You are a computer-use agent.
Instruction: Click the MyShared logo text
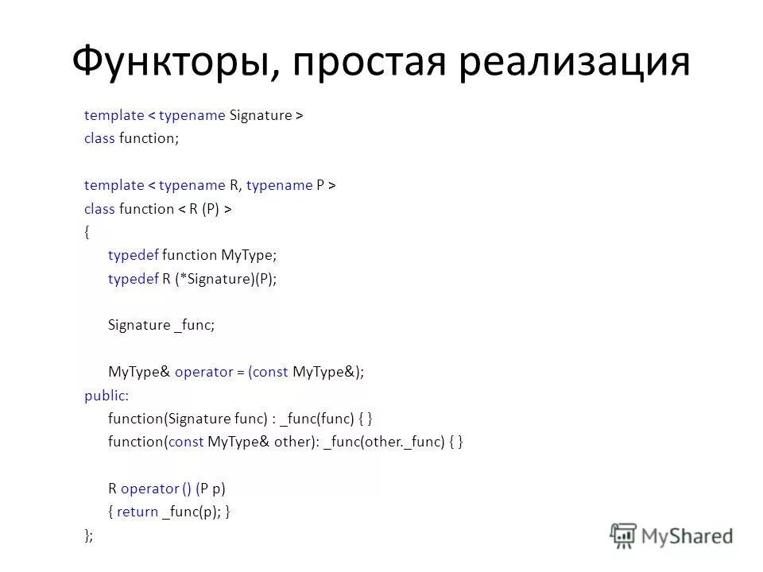click(687, 535)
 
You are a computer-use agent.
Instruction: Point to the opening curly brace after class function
click(87, 232)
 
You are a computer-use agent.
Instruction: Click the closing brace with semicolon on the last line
click(88, 535)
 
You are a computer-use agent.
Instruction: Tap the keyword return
click(137, 512)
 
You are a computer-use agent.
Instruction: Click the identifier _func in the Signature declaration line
click(194, 325)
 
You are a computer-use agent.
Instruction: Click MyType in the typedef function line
click(249, 255)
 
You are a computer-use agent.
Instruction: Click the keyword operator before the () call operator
click(149, 489)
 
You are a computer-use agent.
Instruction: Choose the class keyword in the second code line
click(99, 139)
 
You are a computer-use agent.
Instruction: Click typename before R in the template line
click(192, 185)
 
